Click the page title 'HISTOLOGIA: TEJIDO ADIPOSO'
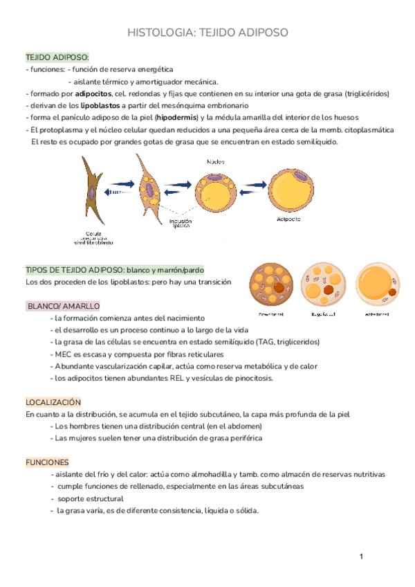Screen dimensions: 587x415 [x=207, y=33]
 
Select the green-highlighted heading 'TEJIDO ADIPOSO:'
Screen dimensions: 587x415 [x=57, y=57]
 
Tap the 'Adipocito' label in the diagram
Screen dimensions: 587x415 [x=288, y=219]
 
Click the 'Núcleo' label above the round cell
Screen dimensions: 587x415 [x=215, y=161]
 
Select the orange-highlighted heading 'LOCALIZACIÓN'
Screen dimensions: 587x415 [x=54, y=401]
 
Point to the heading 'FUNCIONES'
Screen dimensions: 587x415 [x=48, y=462]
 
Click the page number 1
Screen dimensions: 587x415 [x=361, y=557]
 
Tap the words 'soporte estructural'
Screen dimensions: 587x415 [x=91, y=498]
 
